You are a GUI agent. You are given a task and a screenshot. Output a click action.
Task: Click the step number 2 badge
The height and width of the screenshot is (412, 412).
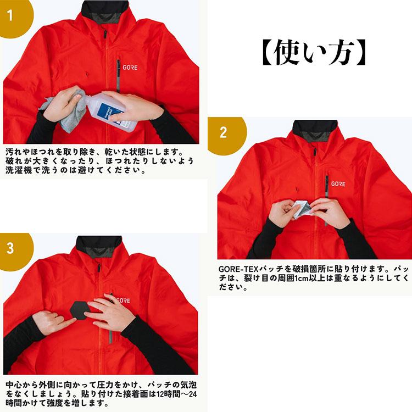tap(223, 132)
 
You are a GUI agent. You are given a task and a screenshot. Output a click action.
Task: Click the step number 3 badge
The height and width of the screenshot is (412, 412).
tap(10, 248)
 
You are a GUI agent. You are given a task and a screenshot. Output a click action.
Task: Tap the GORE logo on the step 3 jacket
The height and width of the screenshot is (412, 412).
tap(123, 300)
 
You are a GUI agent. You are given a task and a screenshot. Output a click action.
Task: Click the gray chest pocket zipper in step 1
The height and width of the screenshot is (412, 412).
tap(118, 74)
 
